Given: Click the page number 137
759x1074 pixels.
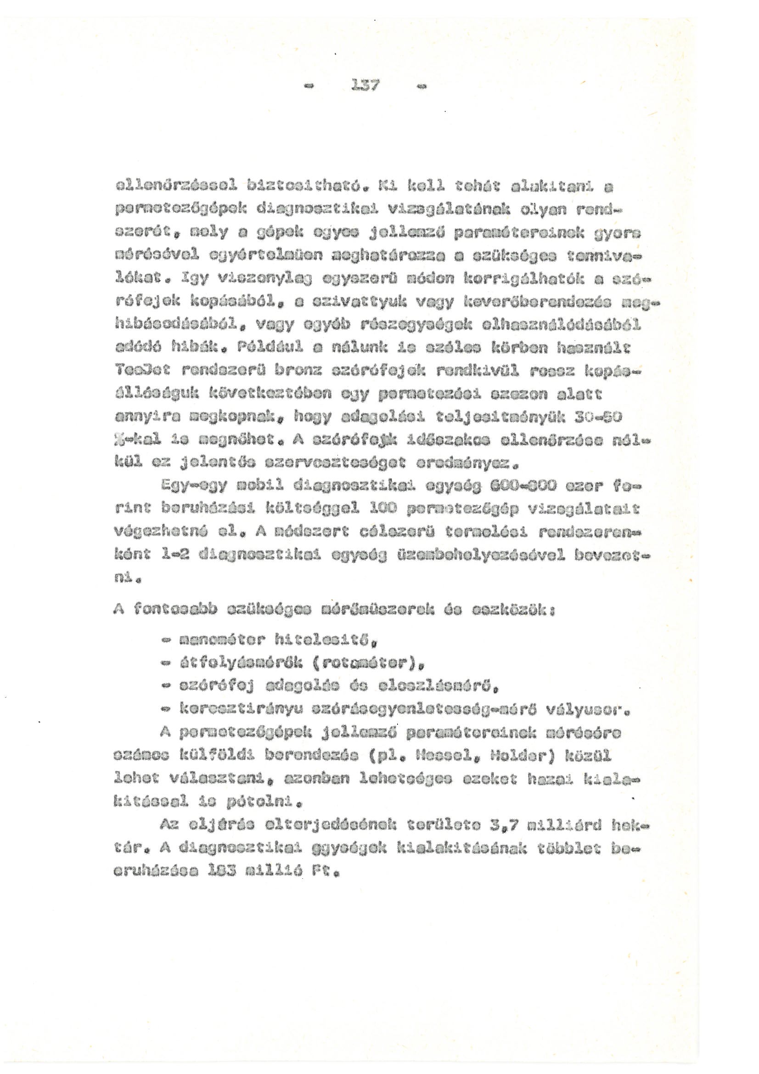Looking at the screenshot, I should (368, 86).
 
